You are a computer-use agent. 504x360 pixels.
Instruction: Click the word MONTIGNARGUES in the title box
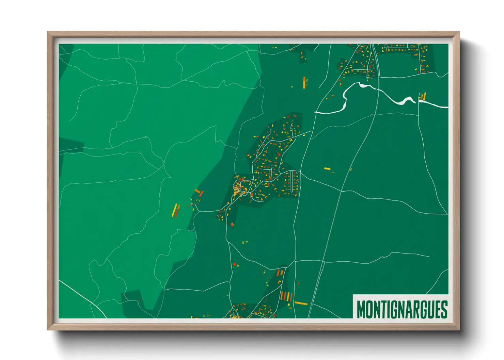pyautogui.click(x=402, y=309)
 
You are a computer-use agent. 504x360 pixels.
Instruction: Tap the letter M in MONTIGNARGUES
pyautogui.click(x=361, y=309)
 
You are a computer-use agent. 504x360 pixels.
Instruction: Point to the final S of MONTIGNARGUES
pyautogui.click(x=444, y=309)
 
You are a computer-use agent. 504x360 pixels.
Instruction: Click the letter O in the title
pyautogui.click(x=369, y=309)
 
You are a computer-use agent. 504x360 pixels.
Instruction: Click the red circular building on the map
pyautogui.click(x=234, y=264)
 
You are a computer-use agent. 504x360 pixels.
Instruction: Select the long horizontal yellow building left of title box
pyautogui.click(x=301, y=303)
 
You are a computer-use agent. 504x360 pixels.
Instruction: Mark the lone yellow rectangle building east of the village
pyautogui.click(x=327, y=168)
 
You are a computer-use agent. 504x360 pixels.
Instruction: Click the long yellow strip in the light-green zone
pyautogui.click(x=174, y=210)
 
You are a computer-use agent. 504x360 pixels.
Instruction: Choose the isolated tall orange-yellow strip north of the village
pyautogui.click(x=304, y=82)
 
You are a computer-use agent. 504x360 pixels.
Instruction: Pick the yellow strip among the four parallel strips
pyautogui.click(x=289, y=296)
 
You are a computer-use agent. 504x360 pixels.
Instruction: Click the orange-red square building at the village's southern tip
pyautogui.click(x=232, y=224)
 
